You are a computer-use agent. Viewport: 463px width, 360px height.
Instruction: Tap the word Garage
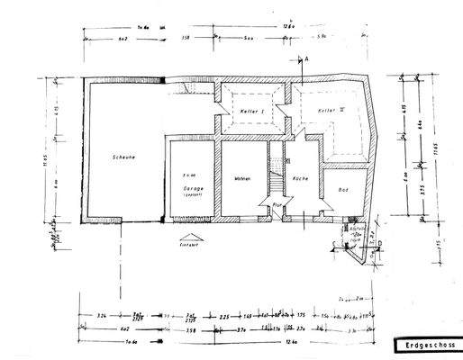(190, 188)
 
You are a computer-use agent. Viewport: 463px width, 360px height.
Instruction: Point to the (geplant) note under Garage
(190, 194)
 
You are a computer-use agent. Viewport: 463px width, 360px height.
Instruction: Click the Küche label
(300, 178)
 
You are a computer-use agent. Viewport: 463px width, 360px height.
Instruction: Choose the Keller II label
(330, 110)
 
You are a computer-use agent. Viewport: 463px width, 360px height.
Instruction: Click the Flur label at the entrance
(279, 204)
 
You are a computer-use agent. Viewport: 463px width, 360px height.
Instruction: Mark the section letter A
(306, 58)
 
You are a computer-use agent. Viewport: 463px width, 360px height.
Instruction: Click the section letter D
(382, 243)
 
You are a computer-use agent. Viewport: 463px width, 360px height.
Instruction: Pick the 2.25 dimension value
(223, 317)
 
